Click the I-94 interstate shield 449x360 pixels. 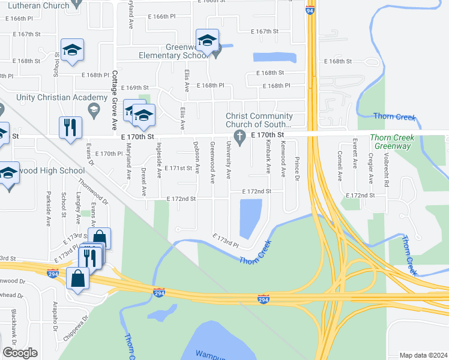(x=310, y=11)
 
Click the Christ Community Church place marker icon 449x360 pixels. (x=240, y=136)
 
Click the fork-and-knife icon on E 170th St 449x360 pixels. (x=70, y=128)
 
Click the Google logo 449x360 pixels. (x=20, y=353)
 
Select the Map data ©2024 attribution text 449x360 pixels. (x=423, y=355)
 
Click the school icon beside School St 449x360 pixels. (x=72, y=51)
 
